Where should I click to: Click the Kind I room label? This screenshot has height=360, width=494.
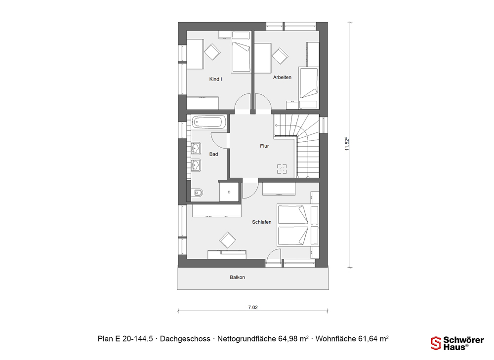215,79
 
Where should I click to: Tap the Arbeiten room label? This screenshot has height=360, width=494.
282,77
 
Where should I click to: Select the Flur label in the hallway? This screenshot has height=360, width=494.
264,146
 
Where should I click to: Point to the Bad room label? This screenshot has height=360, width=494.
213,154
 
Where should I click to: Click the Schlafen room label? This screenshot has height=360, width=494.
261,222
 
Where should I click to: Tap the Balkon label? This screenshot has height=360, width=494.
237,278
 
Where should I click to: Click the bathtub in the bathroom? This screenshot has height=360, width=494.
209,122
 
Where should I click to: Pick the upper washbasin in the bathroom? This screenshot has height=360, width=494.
196,148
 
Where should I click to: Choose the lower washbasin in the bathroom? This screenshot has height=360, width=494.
196,165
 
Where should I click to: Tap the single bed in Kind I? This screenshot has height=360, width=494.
242,52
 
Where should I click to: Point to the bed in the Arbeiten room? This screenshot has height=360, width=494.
308,83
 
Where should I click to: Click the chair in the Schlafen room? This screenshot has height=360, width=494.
227,240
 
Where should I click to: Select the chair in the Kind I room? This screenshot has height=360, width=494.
212,52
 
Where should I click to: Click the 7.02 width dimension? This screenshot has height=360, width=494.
252,308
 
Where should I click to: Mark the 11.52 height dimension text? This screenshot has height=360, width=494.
347,144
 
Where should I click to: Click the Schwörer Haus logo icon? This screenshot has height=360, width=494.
436,343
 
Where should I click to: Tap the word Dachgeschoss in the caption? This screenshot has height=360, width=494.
185,339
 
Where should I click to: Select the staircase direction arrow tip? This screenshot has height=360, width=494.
275,125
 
